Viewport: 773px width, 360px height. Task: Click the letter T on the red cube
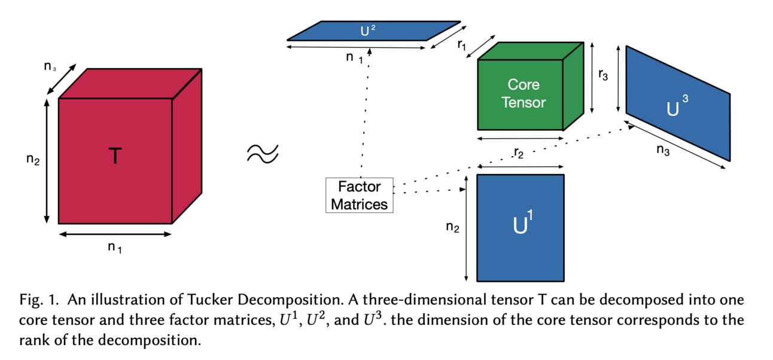click(x=115, y=157)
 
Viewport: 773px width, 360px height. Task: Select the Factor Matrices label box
click(x=360, y=196)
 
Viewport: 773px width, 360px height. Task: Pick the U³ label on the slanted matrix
click(x=677, y=107)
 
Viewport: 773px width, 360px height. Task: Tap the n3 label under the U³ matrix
click(x=662, y=151)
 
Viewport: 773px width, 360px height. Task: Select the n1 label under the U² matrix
click(x=354, y=58)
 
